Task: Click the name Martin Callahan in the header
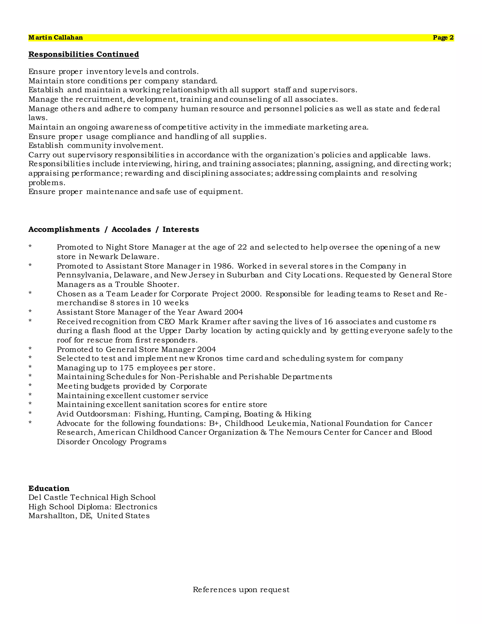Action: coord(56,38)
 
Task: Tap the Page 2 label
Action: coord(443,38)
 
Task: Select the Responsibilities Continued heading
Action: coord(84,54)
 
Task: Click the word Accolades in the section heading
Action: coord(131,229)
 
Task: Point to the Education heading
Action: coord(49,488)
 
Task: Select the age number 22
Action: coord(242,247)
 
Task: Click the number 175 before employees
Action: coord(126,368)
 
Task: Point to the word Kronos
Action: coord(210,359)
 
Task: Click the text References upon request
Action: coord(241,589)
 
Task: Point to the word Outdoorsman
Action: coord(103,414)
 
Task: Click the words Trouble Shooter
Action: coord(147,285)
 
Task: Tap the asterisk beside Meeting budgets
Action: coord(30,386)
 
